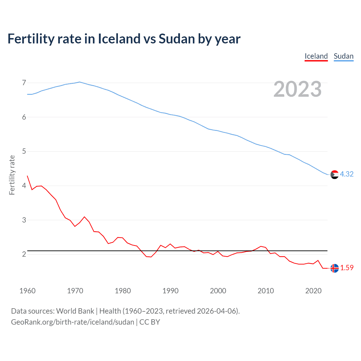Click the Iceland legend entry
pyautogui.click(x=316, y=56)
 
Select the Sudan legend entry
pyautogui.click(x=343, y=56)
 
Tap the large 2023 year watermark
pyautogui.click(x=297, y=89)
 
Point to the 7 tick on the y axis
pyautogui.click(x=24, y=83)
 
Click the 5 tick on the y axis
pyautogui.click(x=24, y=151)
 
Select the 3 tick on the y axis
pyautogui.click(x=24, y=220)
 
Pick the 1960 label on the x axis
pyautogui.click(x=27, y=291)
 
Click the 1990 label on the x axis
pyautogui.click(x=170, y=291)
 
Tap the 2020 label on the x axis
pyautogui.click(x=313, y=291)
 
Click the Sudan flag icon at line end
pyautogui.click(x=334, y=175)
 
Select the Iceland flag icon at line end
pyautogui.click(x=334, y=268)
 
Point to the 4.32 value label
pyautogui.click(x=347, y=174)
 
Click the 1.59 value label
pyautogui.click(x=347, y=268)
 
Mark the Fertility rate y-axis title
pyautogui.click(x=12, y=175)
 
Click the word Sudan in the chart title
pyautogui.click(x=177, y=39)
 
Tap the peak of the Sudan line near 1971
pyautogui.click(x=80, y=82)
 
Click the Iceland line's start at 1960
pyautogui.click(x=27, y=176)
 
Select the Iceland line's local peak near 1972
pyautogui.click(x=84, y=217)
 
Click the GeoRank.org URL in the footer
pyautogui.click(x=72, y=322)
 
